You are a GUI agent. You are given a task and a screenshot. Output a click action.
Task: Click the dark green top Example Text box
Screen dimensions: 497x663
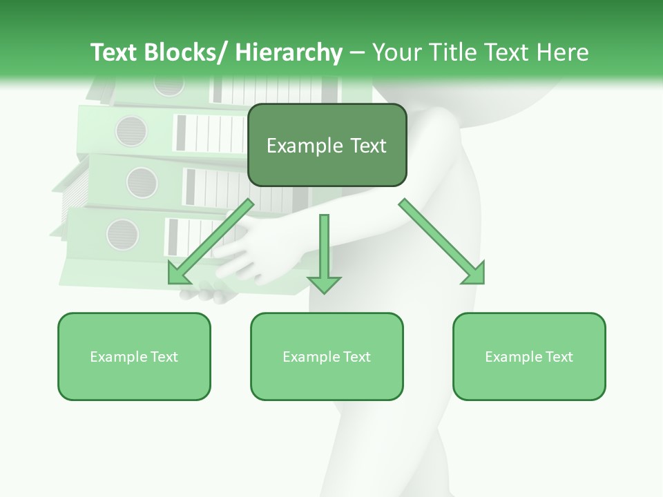327,145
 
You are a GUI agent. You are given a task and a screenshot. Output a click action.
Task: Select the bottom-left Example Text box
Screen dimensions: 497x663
134,356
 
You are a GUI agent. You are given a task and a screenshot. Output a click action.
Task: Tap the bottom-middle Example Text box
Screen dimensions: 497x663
327,356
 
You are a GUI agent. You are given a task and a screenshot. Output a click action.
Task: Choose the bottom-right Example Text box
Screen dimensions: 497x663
529,356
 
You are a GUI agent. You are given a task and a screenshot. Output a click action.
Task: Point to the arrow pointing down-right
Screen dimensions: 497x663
443,242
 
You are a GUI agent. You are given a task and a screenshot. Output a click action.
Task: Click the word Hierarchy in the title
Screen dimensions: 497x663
288,52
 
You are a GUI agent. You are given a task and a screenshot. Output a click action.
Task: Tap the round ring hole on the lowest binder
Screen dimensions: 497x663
122,234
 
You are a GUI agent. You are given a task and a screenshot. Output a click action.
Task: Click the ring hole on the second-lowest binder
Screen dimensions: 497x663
142,182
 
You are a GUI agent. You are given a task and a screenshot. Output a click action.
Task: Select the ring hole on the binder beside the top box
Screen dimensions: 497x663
131,131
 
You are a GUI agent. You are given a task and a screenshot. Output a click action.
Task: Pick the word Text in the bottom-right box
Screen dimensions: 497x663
559,356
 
